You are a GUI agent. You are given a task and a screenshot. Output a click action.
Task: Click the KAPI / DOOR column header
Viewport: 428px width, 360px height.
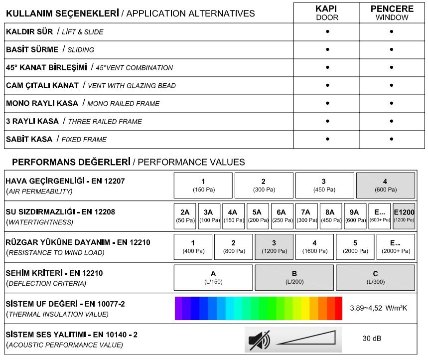point(327,13)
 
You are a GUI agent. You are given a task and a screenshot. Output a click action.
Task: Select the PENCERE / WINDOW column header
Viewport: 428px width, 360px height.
point(392,13)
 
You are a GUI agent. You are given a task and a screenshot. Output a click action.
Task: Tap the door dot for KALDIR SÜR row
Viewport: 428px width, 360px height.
point(327,31)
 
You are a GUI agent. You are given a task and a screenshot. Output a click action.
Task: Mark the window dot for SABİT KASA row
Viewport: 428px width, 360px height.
point(392,139)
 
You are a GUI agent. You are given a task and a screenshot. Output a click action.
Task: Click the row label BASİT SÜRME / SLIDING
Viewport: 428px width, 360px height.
point(50,49)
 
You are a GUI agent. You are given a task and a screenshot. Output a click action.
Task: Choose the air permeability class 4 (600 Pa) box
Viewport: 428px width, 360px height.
point(385,185)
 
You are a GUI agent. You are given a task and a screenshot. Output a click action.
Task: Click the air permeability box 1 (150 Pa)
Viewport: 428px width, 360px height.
point(203,185)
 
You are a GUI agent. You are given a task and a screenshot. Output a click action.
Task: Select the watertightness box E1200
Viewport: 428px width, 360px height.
point(404,216)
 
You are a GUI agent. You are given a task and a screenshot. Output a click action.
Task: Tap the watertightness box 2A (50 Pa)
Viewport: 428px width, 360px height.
point(185,216)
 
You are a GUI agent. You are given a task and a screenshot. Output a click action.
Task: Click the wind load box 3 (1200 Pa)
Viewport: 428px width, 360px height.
point(274,247)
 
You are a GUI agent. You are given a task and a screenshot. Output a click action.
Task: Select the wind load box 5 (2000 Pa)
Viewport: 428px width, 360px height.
point(355,247)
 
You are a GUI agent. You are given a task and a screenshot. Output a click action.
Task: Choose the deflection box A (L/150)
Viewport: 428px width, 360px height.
point(213,277)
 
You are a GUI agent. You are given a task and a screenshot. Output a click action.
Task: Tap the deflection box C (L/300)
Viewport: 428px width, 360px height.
point(375,277)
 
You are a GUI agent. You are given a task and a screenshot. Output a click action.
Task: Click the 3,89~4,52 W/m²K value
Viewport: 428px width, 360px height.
point(379,308)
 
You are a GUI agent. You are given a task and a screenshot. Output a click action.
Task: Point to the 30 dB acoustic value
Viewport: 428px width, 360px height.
point(372,339)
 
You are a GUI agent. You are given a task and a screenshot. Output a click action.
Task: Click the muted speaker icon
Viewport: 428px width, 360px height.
point(259,340)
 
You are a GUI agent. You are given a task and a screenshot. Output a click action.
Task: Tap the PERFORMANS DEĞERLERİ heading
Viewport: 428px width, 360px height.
point(70,162)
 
